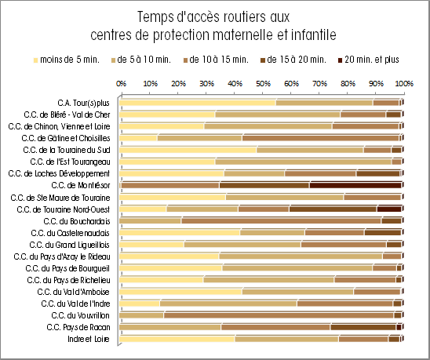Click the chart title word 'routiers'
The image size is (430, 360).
[x=242, y=17]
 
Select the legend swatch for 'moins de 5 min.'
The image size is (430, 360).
[x=35, y=60]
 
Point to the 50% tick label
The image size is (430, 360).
[x=263, y=83]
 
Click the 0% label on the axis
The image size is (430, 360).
[x=121, y=83]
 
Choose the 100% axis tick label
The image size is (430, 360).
[x=404, y=83]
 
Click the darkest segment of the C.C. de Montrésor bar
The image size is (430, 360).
[x=355, y=185]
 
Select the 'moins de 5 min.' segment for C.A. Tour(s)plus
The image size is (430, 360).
[x=198, y=103]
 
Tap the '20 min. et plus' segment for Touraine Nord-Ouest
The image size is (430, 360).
[x=389, y=209]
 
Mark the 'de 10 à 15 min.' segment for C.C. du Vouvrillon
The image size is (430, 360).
[x=279, y=315]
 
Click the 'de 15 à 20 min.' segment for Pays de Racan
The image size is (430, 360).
[x=363, y=327]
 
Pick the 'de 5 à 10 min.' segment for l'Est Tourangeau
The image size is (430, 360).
[x=304, y=162]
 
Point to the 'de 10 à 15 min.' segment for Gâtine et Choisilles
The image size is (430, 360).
[x=321, y=138]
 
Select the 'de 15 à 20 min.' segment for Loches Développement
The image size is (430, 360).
[x=378, y=173]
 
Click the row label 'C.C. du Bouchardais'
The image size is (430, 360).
[x=77, y=221]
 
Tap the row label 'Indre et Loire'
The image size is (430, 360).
[x=89, y=339]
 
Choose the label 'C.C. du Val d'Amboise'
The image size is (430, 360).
[x=74, y=292]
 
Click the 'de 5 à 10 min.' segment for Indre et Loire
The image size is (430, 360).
[x=287, y=339]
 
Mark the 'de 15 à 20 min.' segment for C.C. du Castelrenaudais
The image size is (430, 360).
[x=383, y=232]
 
